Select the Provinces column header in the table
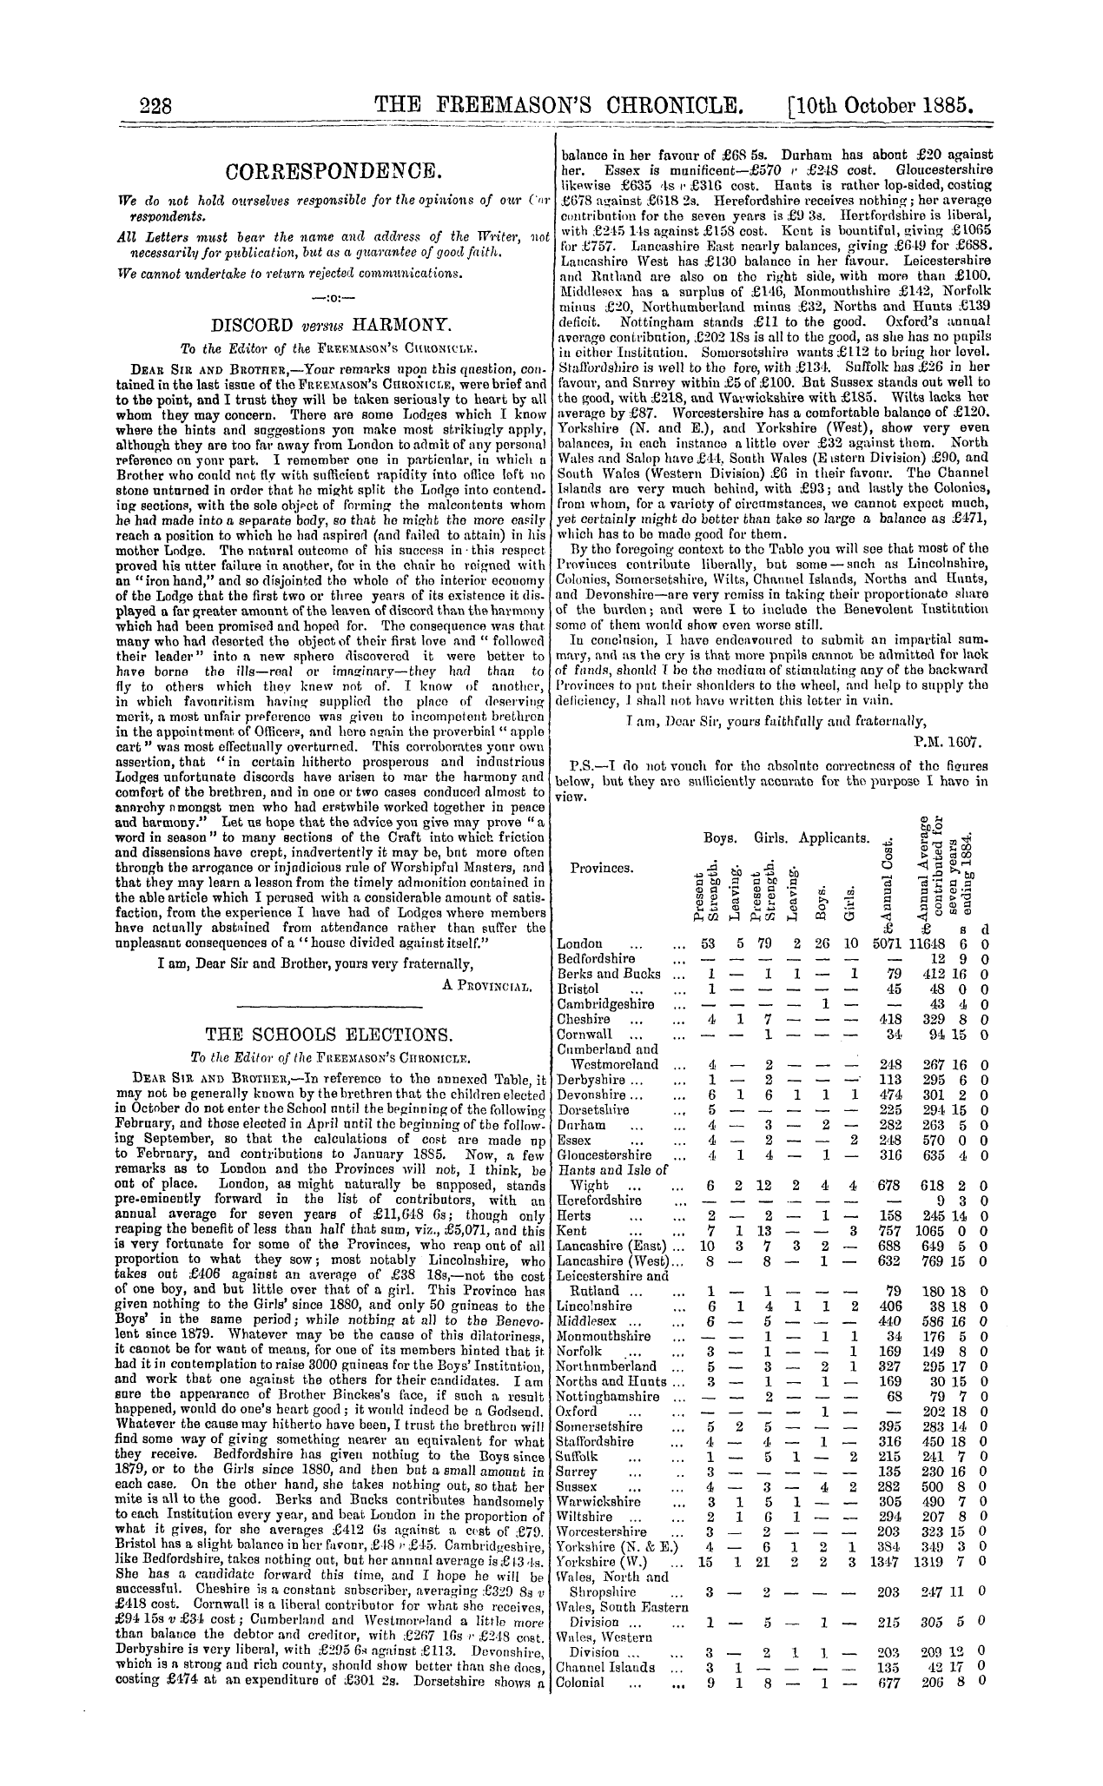(602, 868)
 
